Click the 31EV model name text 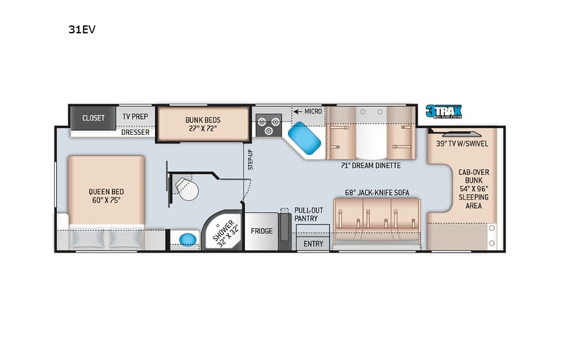pos(84,31)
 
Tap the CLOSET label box pos(93,117)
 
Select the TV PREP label pos(136,117)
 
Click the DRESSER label pos(136,132)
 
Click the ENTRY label pos(313,243)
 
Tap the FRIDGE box pos(262,230)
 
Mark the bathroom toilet pos(184,187)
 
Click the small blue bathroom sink pos(186,239)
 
